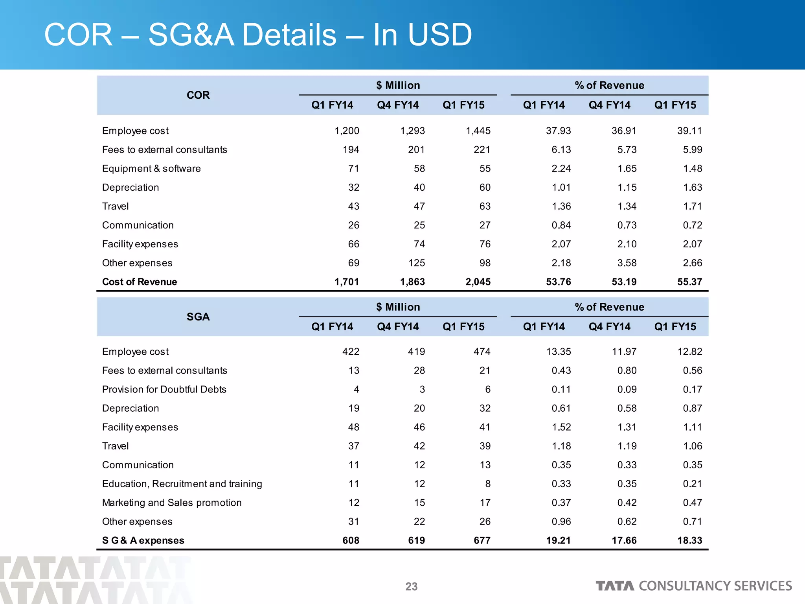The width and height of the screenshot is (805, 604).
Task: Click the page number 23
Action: pyautogui.click(x=411, y=586)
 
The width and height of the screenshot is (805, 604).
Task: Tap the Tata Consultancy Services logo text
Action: pyautogui.click(x=693, y=586)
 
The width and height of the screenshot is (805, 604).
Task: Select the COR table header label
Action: pyautogui.click(x=198, y=95)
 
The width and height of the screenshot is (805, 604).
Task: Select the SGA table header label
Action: pyautogui.click(x=198, y=317)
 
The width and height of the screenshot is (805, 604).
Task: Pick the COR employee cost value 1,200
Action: pyautogui.click(x=346, y=131)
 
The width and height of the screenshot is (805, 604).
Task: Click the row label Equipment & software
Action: pyautogui.click(x=151, y=168)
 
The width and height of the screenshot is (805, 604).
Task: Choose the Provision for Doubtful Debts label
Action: pyautogui.click(x=164, y=389)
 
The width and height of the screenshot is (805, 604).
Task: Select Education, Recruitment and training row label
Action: pyautogui.click(x=182, y=484)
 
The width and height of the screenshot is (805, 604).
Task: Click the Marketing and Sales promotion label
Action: pyautogui.click(x=171, y=503)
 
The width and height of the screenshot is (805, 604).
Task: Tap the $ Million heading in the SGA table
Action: pyautogui.click(x=398, y=307)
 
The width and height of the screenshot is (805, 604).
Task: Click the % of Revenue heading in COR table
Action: pyautogui.click(x=609, y=85)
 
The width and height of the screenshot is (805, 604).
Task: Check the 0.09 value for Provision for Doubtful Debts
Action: pyautogui.click(x=627, y=389)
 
